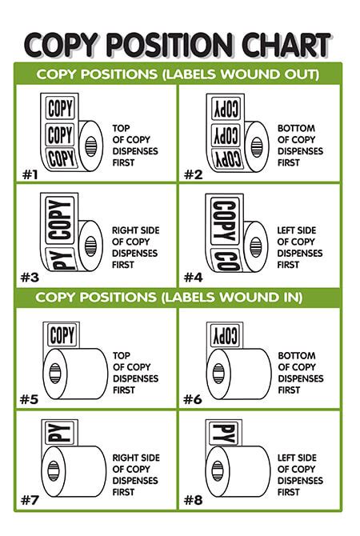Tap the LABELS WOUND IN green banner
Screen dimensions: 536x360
tap(179, 298)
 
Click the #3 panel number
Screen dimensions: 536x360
tap(30, 278)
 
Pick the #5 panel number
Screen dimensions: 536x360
tap(30, 399)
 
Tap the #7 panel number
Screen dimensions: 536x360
tap(30, 501)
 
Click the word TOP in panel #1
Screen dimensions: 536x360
tap(120, 128)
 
